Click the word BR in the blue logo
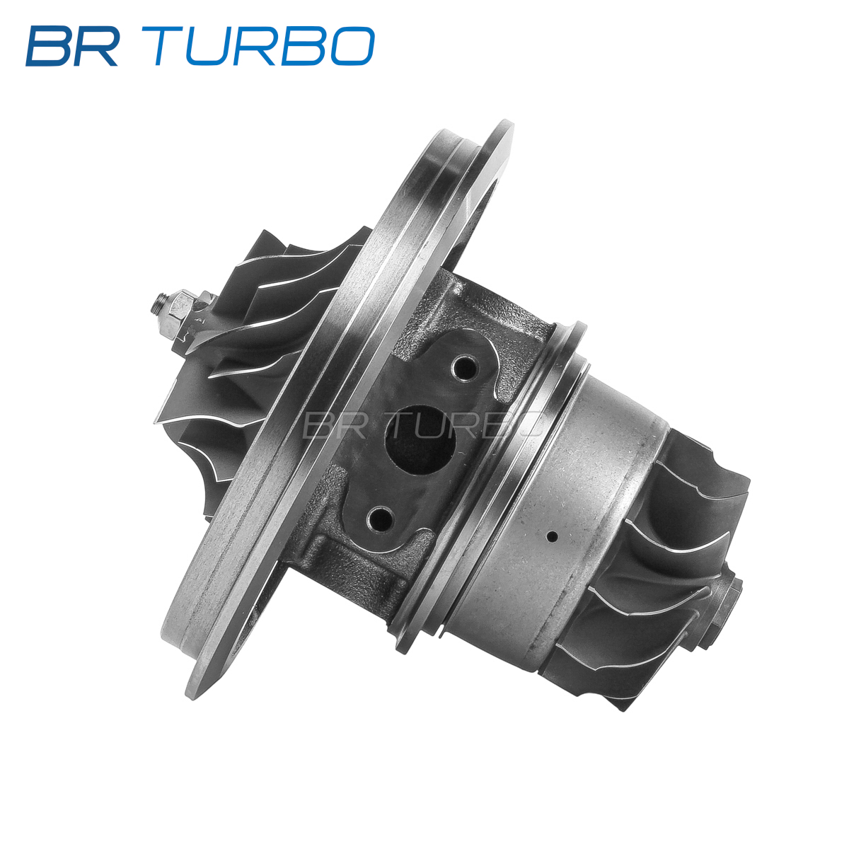(x=72, y=46)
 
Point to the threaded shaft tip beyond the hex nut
(x=159, y=304)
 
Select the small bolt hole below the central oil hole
(x=381, y=519)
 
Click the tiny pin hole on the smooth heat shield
(x=551, y=536)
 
